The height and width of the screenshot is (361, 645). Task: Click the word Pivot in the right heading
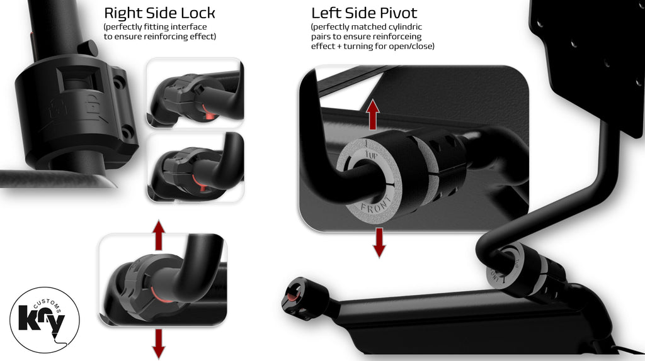click(x=397, y=13)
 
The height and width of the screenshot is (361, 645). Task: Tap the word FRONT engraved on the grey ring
click(x=376, y=209)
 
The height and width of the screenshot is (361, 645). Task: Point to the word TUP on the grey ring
click(x=371, y=155)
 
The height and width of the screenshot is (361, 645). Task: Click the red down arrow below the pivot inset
click(x=379, y=243)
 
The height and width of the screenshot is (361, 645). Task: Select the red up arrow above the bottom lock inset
click(x=158, y=235)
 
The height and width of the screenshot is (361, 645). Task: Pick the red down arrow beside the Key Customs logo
click(x=158, y=344)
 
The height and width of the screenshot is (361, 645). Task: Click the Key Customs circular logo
click(x=45, y=320)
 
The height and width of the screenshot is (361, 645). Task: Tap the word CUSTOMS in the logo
click(x=49, y=304)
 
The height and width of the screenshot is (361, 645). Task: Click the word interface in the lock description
click(x=190, y=26)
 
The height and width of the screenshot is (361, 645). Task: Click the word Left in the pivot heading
click(x=325, y=13)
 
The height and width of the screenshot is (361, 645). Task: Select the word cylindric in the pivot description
click(x=402, y=26)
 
